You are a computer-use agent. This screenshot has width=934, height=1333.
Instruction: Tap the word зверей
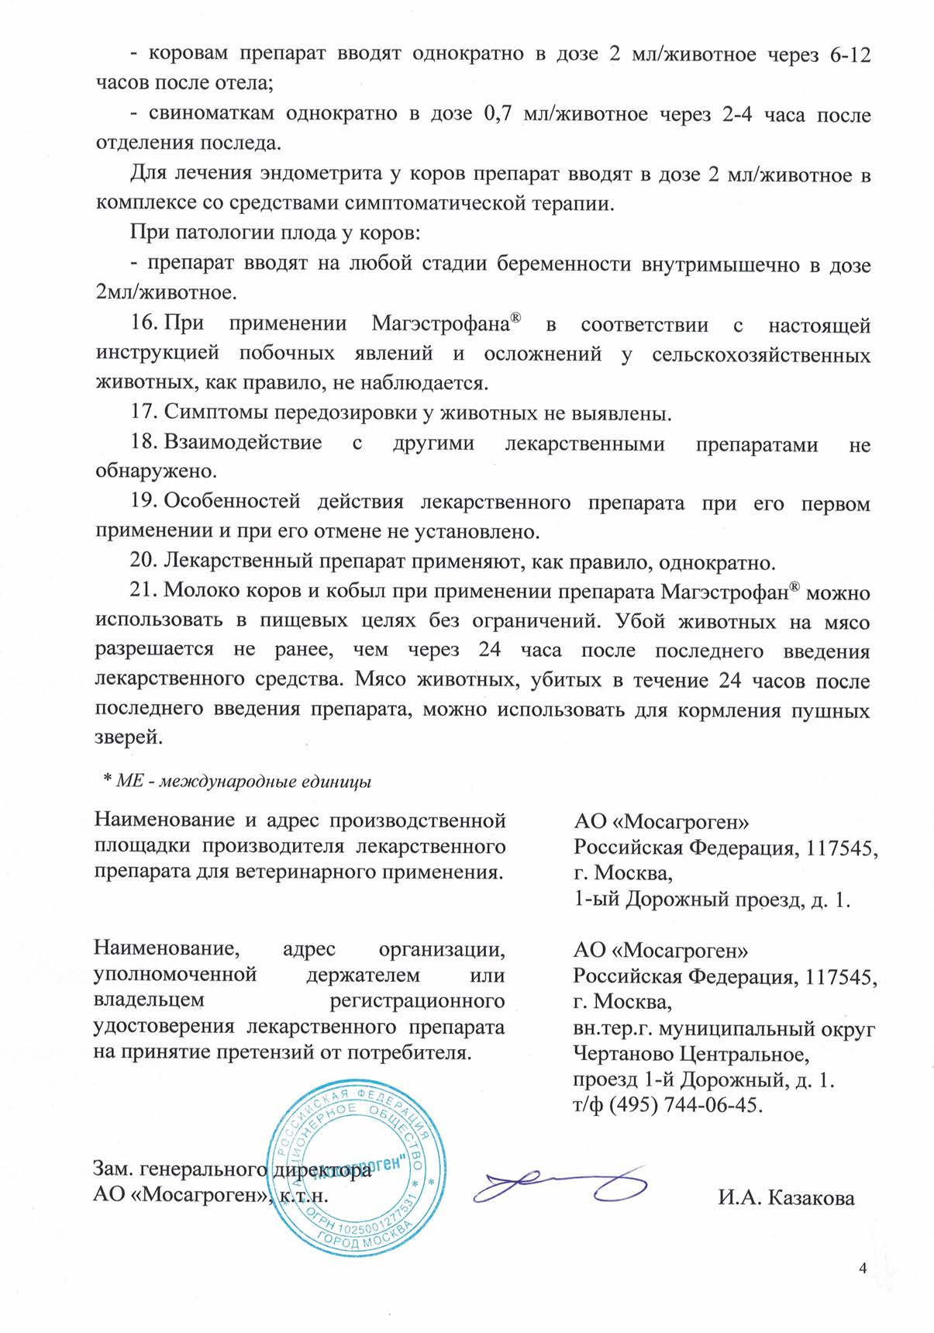pos(129,737)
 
